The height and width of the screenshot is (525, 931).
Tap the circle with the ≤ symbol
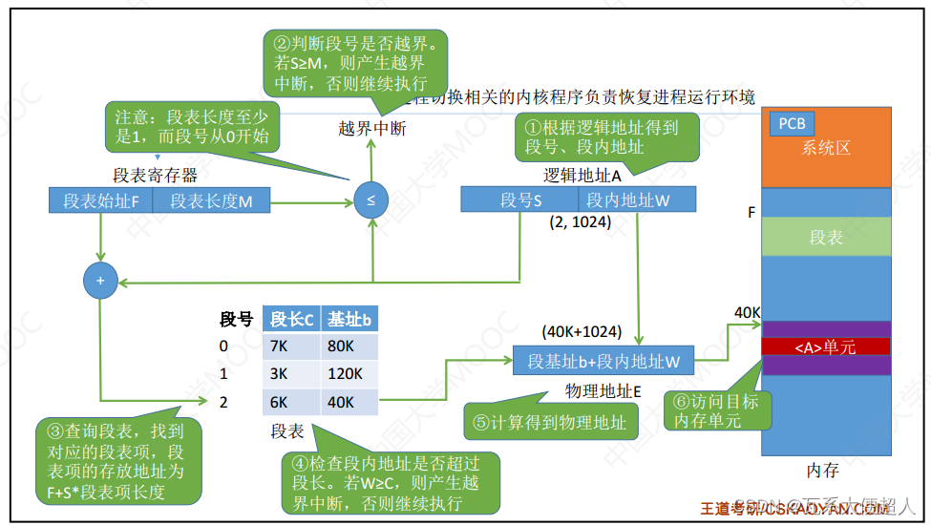tap(370, 200)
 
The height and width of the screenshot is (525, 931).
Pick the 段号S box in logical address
tap(519, 199)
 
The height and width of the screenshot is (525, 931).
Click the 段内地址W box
tap(636, 199)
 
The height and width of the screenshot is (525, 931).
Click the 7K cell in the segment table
tap(291, 345)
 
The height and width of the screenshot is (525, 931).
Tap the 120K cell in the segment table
tap(349, 373)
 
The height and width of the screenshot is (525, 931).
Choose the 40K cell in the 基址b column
tap(349, 402)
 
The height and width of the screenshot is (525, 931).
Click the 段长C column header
tap(291, 319)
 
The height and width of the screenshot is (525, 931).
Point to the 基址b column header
tap(349, 319)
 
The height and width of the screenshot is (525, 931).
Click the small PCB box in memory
tap(792, 123)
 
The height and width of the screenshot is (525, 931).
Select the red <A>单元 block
tap(825, 346)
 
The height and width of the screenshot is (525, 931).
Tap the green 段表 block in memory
tap(825, 238)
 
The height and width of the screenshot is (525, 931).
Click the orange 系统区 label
tap(825, 148)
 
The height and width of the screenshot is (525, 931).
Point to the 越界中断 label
tap(371, 128)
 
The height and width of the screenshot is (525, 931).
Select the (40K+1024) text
tap(582, 332)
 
